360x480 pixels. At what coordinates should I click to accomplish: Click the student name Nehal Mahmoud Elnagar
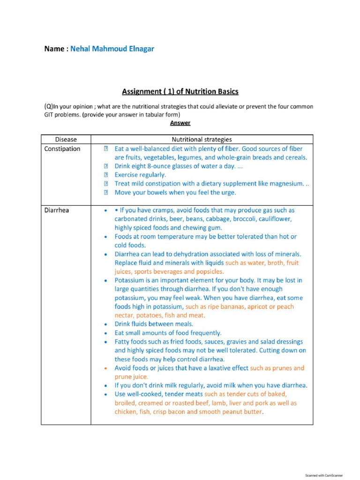(x=112, y=49)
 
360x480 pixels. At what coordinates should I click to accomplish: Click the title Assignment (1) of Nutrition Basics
(x=180, y=91)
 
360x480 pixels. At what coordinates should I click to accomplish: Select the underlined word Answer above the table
(x=180, y=123)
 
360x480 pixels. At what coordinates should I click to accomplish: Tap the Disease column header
(x=66, y=139)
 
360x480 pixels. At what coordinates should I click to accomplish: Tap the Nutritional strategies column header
(x=202, y=139)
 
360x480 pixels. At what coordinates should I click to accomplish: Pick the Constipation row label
(x=62, y=149)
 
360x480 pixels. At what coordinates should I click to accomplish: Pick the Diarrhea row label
(x=56, y=210)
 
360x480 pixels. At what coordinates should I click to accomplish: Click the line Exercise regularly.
(x=140, y=175)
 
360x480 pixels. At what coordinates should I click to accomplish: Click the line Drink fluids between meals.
(x=154, y=324)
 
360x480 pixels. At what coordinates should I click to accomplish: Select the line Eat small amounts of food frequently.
(x=168, y=333)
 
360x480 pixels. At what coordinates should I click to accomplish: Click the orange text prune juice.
(x=131, y=376)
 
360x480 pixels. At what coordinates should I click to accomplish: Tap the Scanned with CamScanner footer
(x=324, y=475)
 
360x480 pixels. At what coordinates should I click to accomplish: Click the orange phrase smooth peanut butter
(x=231, y=412)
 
